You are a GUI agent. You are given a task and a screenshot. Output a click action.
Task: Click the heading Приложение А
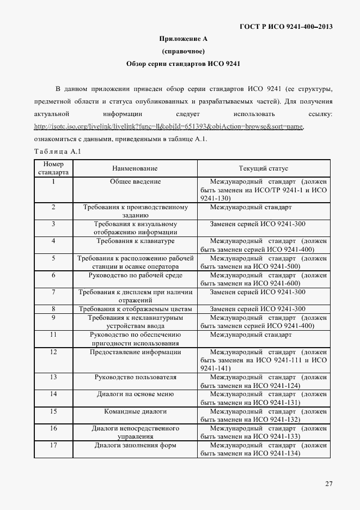tap(183, 39)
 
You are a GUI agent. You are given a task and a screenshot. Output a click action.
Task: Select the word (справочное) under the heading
tap(183, 52)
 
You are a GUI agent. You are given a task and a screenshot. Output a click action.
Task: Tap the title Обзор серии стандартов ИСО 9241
tap(183, 64)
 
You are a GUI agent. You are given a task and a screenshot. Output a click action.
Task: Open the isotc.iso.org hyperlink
tap(168, 127)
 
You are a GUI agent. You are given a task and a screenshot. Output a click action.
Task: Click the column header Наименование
tap(135, 169)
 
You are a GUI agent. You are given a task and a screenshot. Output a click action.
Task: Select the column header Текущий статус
tap(263, 169)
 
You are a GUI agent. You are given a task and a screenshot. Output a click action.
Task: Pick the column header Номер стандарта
tap(53, 168)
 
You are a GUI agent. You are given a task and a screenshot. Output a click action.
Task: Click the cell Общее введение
tap(135, 181)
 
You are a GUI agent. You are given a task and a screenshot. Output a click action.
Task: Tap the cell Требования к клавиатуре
tap(135, 241)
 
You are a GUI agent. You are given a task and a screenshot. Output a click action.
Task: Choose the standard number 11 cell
tap(53, 335)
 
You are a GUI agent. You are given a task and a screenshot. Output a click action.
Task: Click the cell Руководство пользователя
tap(135, 377)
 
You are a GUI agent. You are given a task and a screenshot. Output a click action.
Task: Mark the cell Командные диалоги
tap(135, 411)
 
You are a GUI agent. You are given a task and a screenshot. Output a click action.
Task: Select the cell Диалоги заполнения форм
tap(135, 445)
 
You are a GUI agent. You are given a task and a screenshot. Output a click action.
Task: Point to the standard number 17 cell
tap(53, 445)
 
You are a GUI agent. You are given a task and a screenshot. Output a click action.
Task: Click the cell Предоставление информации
tap(135, 352)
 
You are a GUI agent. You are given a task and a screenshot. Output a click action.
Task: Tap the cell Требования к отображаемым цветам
tap(135, 309)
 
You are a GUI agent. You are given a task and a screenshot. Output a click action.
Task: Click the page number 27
tap(329, 484)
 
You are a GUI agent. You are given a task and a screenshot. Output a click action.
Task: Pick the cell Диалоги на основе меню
tap(135, 394)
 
